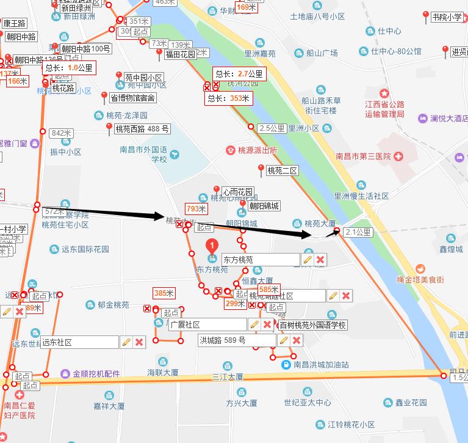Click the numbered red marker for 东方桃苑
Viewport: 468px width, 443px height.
tap(212, 246)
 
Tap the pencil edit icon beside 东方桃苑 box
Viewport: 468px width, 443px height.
tap(308, 260)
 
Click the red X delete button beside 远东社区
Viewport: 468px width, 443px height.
tap(139, 342)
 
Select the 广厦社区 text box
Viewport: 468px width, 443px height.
tap(207, 324)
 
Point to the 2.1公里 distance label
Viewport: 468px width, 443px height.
tap(358, 232)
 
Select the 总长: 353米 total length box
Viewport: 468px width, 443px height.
tap(229, 98)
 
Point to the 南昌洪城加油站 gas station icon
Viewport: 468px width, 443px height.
tap(286, 365)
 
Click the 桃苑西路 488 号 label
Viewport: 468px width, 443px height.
tap(142, 129)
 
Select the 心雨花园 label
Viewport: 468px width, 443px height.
tap(237, 192)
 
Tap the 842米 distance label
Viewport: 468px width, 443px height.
tap(62, 133)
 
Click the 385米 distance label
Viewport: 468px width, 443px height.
tap(164, 293)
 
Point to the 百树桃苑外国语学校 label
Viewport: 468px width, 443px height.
tap(313, 325)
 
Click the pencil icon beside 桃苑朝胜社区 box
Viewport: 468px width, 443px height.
tap(333, 296)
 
